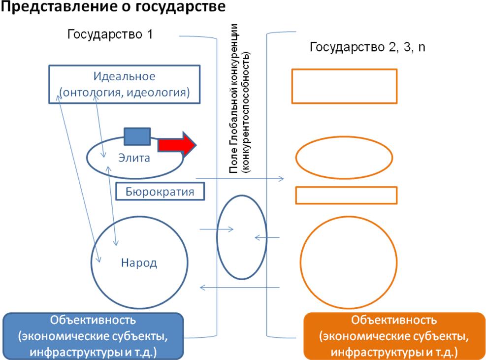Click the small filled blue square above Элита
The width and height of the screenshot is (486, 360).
click(137, 136)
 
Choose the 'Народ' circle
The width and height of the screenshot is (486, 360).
click(139, 262)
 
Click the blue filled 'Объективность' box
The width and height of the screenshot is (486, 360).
click(94, 335)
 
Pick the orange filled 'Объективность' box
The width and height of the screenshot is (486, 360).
click(394, 336)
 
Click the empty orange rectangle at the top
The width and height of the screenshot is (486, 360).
click(344, 86)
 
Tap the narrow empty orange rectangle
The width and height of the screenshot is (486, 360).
click(346, 195)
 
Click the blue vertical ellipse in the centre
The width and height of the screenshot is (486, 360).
click(241, 237)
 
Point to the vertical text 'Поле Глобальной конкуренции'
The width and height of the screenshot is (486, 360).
click(234, 98)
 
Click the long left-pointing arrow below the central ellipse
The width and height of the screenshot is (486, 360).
click(240, 287)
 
